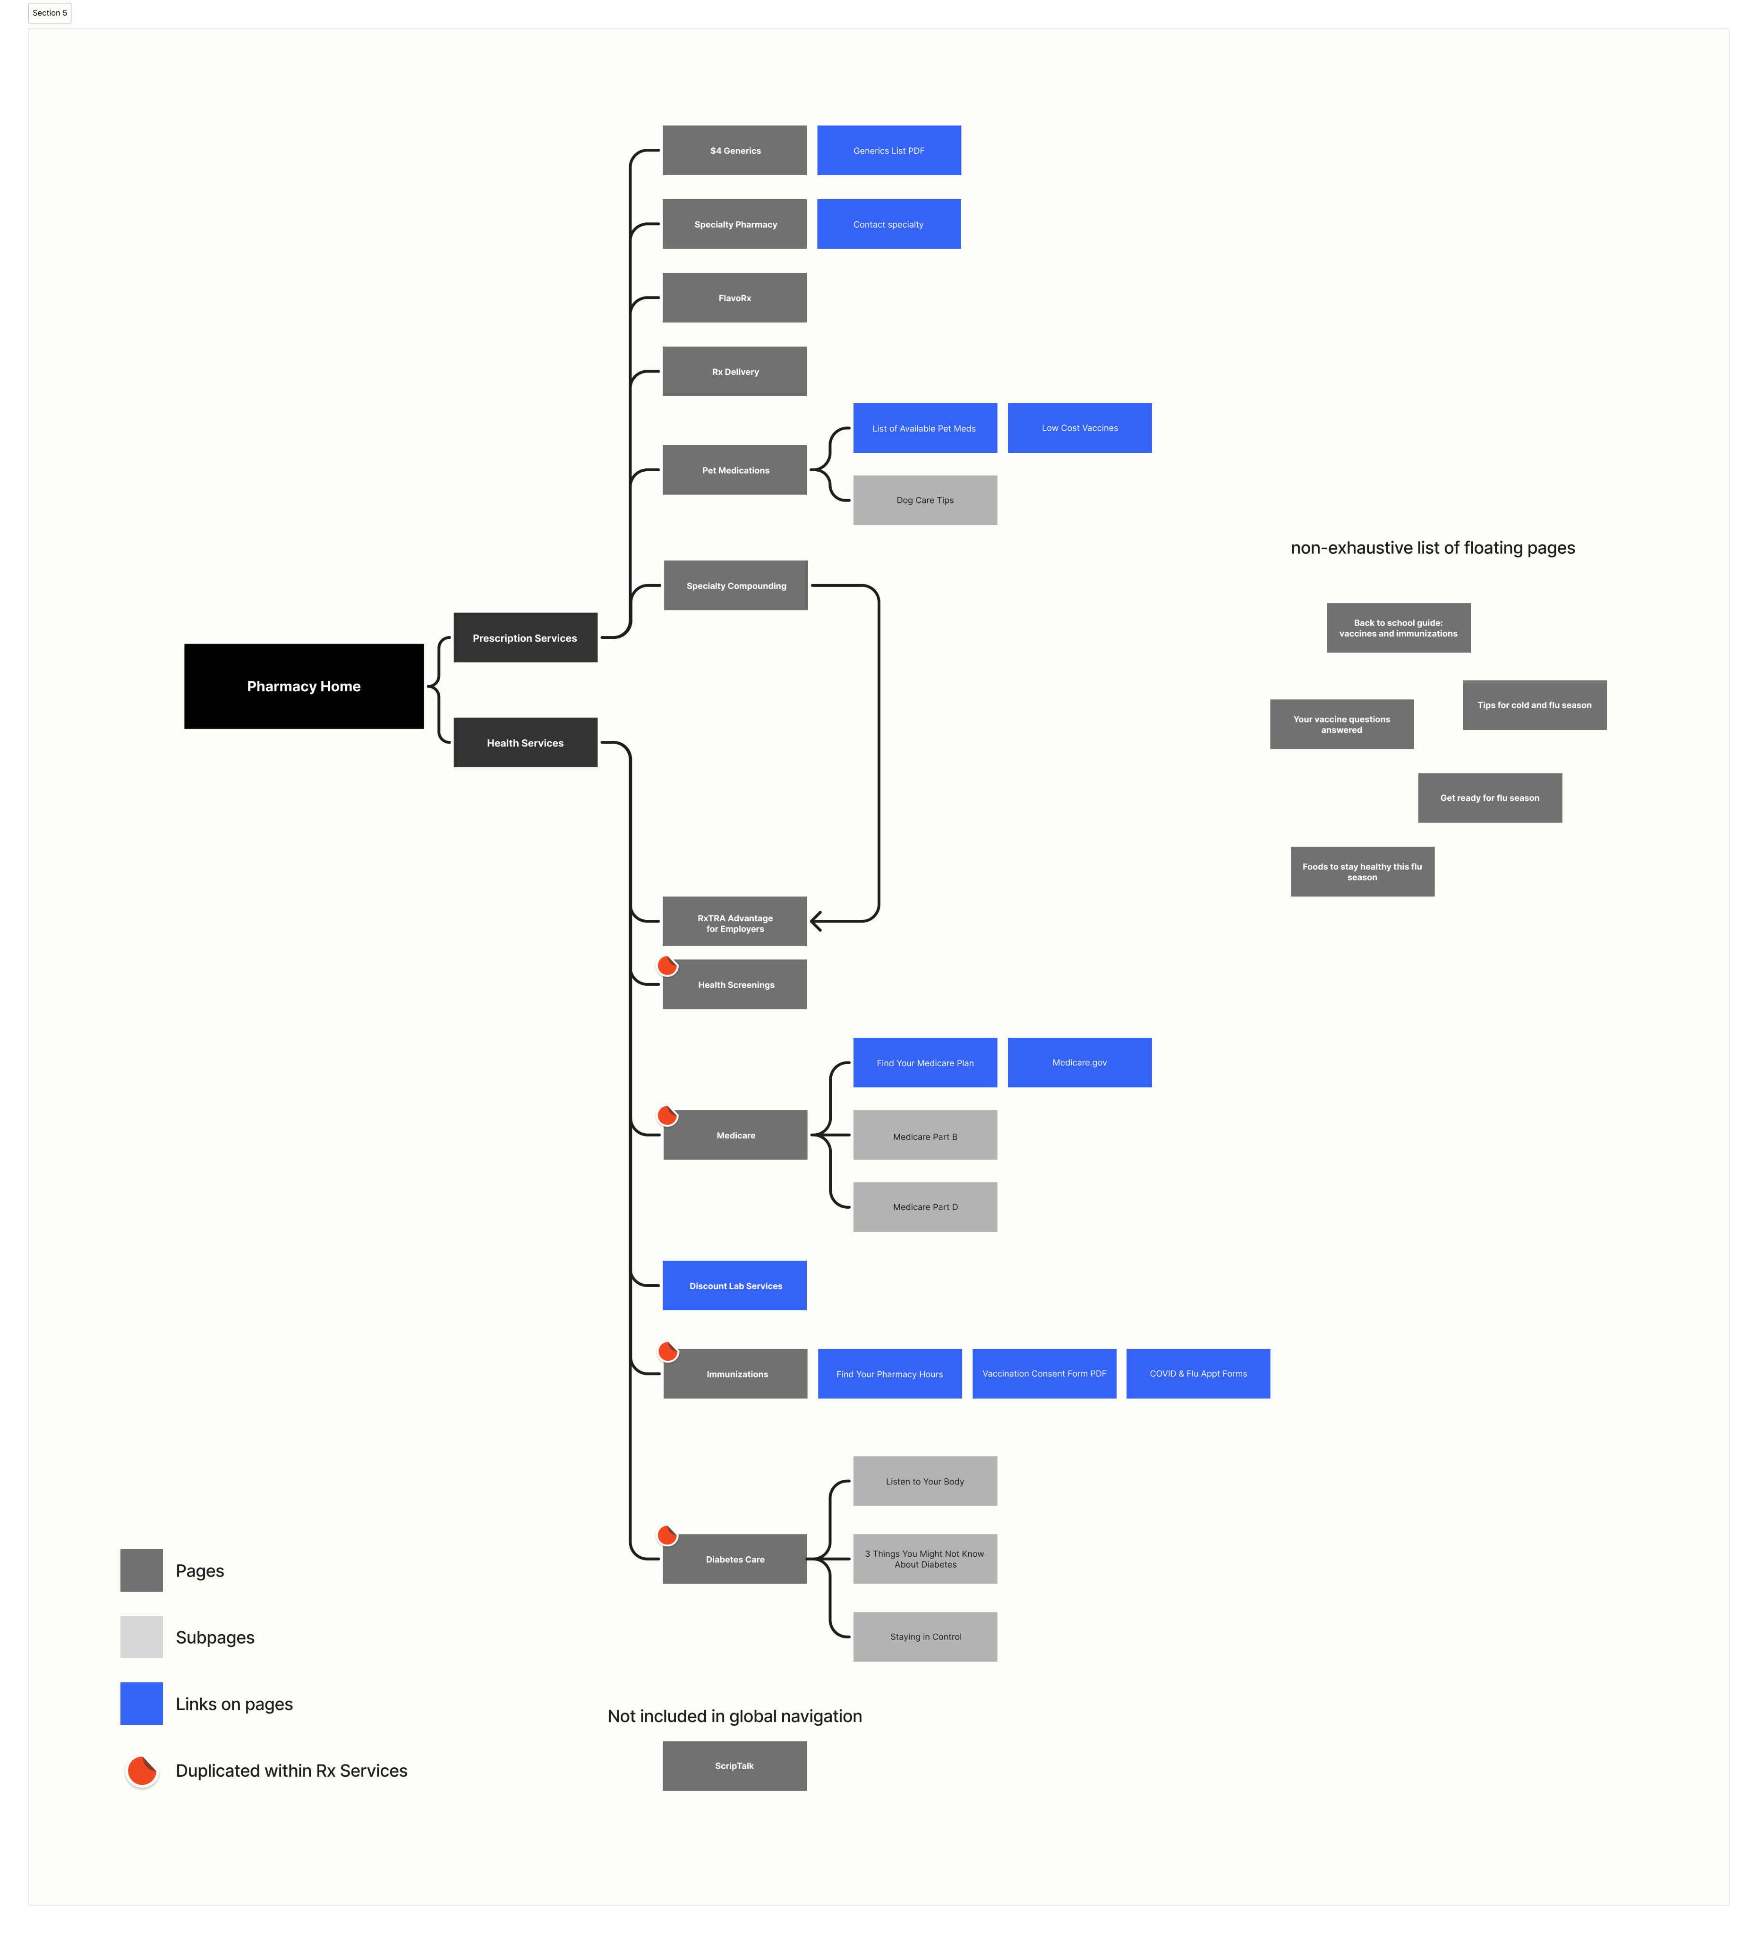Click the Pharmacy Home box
tap(303, 686)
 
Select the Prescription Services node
tap(525, 637)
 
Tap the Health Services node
tap(525, 743)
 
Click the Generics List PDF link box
tap(888, 151)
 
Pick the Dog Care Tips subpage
tap(925, 500)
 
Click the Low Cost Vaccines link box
tap(1080, 428)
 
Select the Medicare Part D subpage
tap(925, 1207)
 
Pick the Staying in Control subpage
tap(925, 1637)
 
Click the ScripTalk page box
tap(734, 1766)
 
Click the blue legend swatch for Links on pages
tap(141, 1704)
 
